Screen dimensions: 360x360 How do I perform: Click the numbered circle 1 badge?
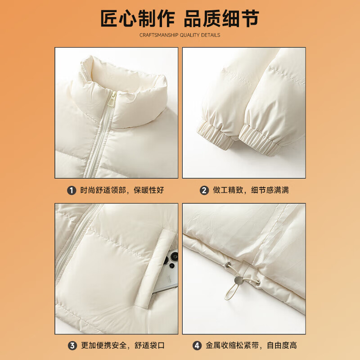pyautogui.click(x=72, y=190)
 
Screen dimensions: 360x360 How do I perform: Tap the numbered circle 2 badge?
pyautogui.click(x=204, y=190)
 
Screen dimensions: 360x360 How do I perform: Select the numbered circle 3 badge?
pyautogui.click(x=72, y=346)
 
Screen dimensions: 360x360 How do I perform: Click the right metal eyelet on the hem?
pyautogui.click(x=257, y=282)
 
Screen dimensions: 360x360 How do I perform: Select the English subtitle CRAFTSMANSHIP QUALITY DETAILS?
pyautogui.click(x=180, y=35)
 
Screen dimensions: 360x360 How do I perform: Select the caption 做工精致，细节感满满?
pyautogui.click(x=251, y=190)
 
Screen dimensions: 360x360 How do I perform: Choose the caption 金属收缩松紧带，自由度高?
pyautogui.click(x=251, y=346)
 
